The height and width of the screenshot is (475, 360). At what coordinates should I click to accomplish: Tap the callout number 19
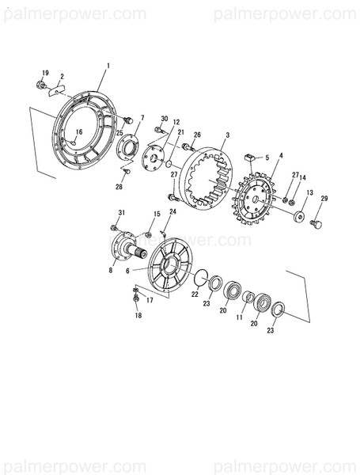44,73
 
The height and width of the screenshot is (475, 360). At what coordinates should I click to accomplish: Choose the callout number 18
138,316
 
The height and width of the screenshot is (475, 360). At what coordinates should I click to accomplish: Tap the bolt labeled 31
116,228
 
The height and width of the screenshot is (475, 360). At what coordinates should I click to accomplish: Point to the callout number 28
119,187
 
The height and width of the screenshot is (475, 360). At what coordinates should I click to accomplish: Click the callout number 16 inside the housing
78,132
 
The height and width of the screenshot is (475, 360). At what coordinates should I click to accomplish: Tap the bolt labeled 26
188,147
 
